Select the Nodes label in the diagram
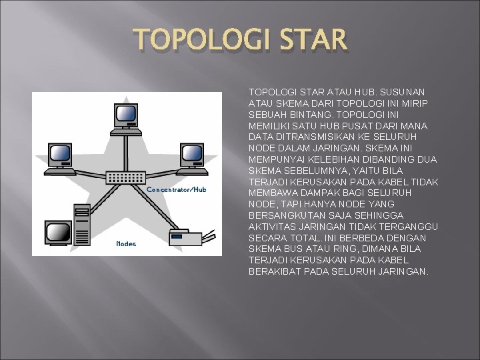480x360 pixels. point(126,244)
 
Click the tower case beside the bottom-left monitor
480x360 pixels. point(83,225)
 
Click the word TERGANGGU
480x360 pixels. point(405,227)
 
